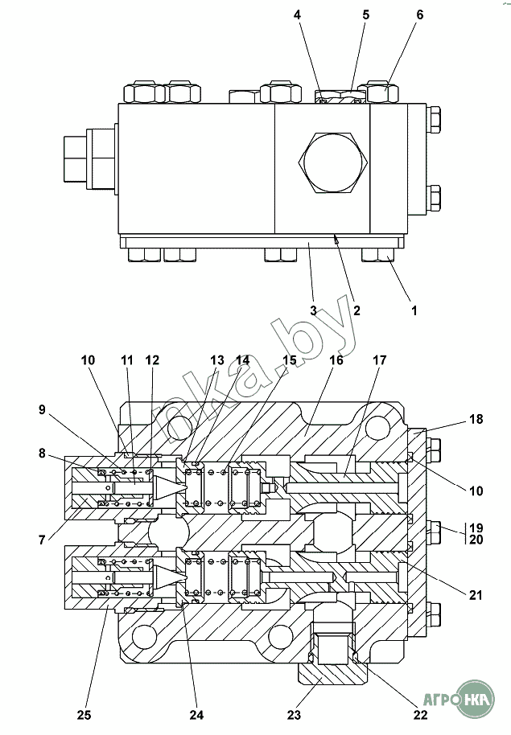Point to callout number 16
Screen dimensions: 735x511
[336, 360]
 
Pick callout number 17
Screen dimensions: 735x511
[379, 360]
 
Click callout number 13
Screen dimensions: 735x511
[217, 360]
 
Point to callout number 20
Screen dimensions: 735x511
[476, 540]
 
